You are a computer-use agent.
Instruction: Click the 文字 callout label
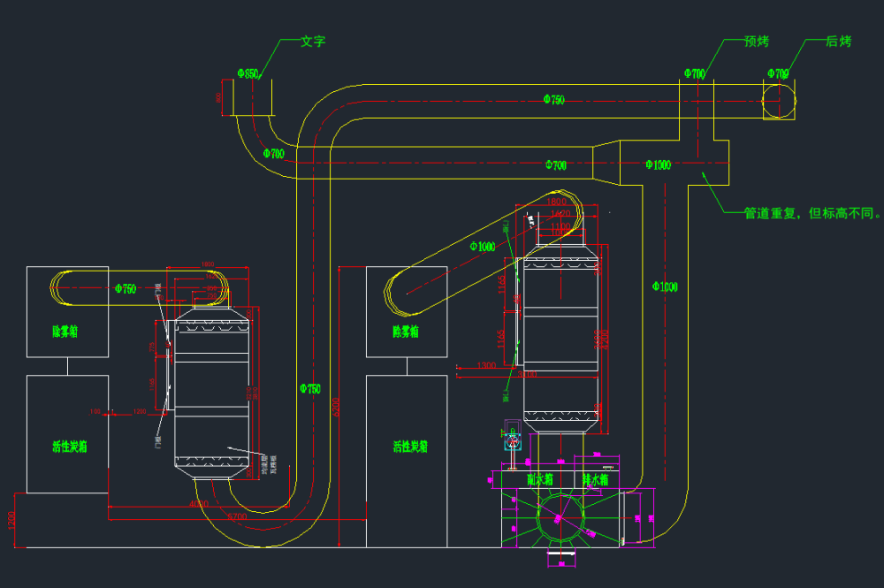313,41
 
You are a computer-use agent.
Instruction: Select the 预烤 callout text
756,42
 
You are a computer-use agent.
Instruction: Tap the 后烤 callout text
838,42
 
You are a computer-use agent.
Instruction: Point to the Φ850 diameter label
248,74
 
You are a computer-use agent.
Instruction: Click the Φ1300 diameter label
658,164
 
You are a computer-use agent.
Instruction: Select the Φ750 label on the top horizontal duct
553,100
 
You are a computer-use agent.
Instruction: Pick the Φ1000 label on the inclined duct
483,246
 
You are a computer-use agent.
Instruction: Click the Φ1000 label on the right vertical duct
665,286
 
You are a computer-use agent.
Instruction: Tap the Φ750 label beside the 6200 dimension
310,388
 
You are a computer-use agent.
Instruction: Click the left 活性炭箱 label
69,447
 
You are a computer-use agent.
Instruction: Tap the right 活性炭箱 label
410,447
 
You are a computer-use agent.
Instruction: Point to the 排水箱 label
596,478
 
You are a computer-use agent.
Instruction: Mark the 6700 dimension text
236,515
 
